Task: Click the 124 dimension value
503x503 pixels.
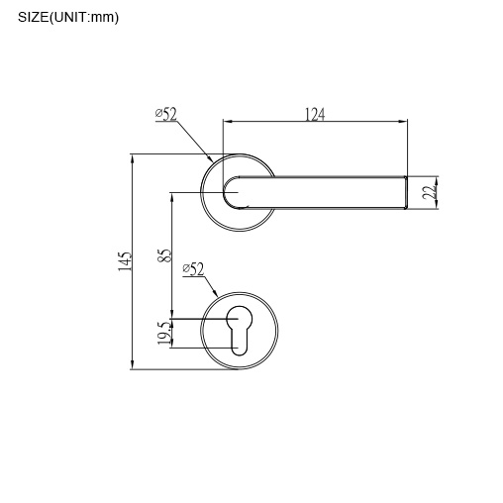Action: point(314,115)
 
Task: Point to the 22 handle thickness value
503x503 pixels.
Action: point(428,192)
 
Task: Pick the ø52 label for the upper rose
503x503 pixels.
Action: point(166,115)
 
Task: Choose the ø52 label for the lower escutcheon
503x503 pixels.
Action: point(193,269)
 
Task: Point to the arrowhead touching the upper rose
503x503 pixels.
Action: point(210,159)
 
